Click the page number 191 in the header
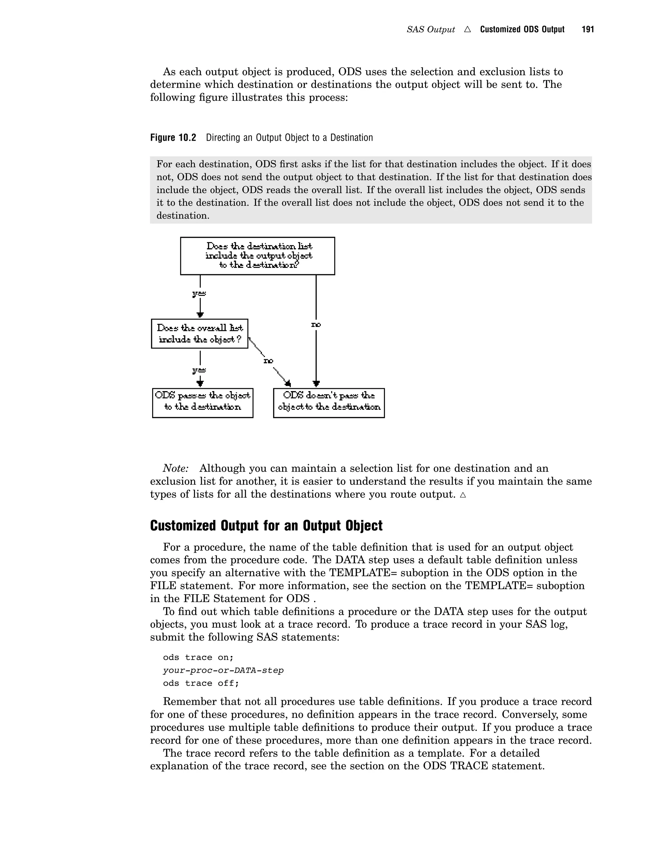point(588,30)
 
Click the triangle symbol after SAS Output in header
point(467,30)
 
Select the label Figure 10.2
point(173,137)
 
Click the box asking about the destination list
point(257,256)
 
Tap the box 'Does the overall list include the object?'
point(200,333)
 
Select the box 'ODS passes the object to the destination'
point(203,403)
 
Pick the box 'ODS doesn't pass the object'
point(329,403)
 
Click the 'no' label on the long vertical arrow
point(316,324)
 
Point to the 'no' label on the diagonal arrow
point(268,361)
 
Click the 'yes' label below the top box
point(199,293)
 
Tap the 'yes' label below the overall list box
point(199,370)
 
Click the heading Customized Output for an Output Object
point(266,526)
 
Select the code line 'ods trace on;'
point(198,657)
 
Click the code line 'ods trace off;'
point(201,683)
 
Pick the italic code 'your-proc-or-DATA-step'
point(223,670)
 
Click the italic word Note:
point(176,468)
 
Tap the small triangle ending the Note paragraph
point(463,495)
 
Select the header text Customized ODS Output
point(522,30)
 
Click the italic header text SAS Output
point(431,30)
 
